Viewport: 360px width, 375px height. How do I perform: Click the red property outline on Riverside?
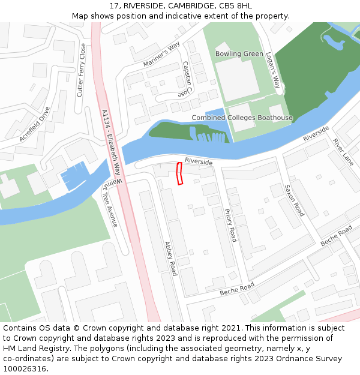[x=179, y=174]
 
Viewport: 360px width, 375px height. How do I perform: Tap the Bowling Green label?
[x=239, y=54]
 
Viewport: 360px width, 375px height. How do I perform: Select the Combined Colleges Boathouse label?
[x=242, y=118]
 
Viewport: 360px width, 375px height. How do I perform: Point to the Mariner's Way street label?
[x=161, y=55]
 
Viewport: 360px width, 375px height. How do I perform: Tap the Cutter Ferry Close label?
[x=81, y=70]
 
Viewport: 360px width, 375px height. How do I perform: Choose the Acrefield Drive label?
[x=35, y=124]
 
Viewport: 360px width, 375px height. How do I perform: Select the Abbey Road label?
[x=171, y=258]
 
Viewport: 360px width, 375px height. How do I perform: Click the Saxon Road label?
[x=295, y=200]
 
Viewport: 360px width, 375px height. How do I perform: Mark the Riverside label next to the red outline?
[x=199, y=162]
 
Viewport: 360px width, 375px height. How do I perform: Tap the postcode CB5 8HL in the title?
[x=236, y=6]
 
